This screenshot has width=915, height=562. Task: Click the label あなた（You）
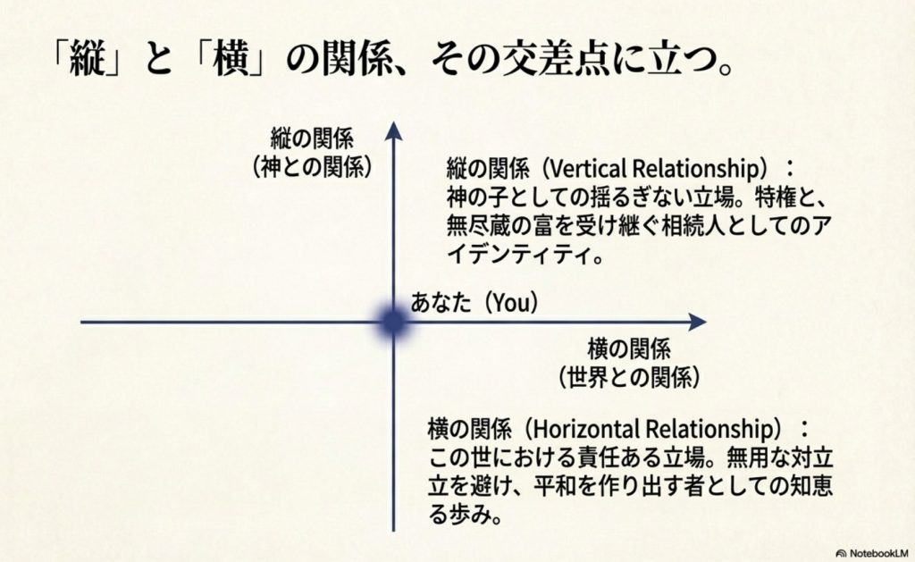tap(474, 303)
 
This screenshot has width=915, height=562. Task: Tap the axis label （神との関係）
tap(311, 166)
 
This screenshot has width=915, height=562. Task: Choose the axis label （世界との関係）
tap(628, 376)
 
